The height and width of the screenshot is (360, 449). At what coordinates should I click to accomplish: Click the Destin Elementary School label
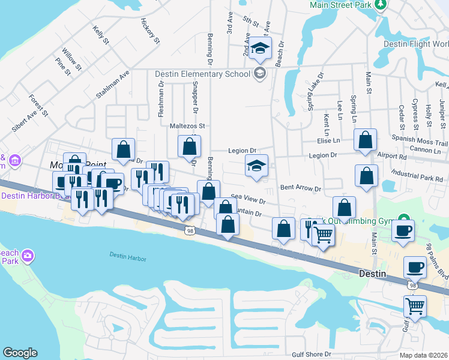[202, 74]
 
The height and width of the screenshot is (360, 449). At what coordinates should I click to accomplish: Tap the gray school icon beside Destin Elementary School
[259, 74]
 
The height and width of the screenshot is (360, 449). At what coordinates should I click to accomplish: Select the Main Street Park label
[340, 5]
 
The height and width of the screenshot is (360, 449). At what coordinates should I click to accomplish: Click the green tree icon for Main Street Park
[379, 5]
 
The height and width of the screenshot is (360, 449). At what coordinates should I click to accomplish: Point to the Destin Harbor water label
[127, 255]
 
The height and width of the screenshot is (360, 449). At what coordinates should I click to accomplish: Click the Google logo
[20, 353]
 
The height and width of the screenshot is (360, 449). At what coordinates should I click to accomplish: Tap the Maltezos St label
[187, 126]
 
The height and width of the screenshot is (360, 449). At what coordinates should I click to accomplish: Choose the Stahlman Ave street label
[112, 84]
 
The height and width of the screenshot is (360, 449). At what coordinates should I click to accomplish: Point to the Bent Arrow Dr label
[300, 188]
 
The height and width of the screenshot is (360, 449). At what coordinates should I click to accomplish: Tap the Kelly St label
[101, 35]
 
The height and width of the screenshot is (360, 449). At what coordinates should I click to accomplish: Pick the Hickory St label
[150, 31]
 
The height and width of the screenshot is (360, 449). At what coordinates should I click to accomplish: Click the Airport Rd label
[393, 156]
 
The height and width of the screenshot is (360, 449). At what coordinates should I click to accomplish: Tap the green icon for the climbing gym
[405, 218]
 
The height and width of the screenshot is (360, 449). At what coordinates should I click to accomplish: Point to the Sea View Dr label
[248, 196]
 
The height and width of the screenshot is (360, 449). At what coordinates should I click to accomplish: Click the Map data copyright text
[424, 355]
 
